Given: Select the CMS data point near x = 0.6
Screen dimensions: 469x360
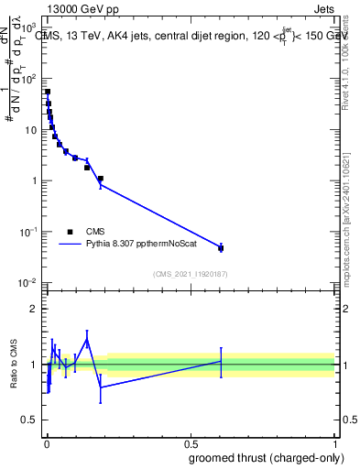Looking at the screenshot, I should [x=221, y=248].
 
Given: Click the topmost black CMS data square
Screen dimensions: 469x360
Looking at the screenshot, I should [x=48, y=92].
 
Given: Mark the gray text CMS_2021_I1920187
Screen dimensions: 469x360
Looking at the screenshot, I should [x=190, y=273].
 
